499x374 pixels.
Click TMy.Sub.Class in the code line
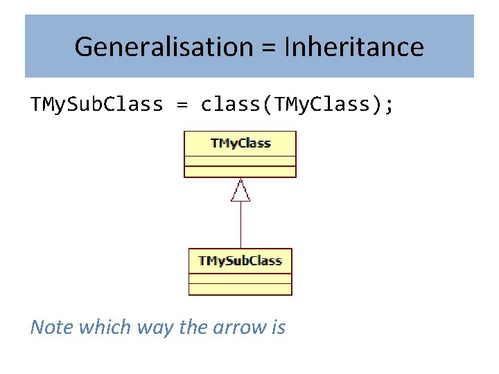(x=96, y=105)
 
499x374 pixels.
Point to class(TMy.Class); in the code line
(x=297, y=105)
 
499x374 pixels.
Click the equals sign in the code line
(x=182, y=105)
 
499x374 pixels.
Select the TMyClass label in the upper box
(x=240, y=143)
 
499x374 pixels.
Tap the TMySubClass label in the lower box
(x=240, y=260)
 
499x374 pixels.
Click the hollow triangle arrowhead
(x=240, y=190)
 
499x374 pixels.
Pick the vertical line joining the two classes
(x=240, y=225)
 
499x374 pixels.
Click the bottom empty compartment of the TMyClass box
(x=240, y=172)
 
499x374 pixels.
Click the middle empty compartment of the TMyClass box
(x=240, y=161)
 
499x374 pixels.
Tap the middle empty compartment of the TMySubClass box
(x=240, y=278)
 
